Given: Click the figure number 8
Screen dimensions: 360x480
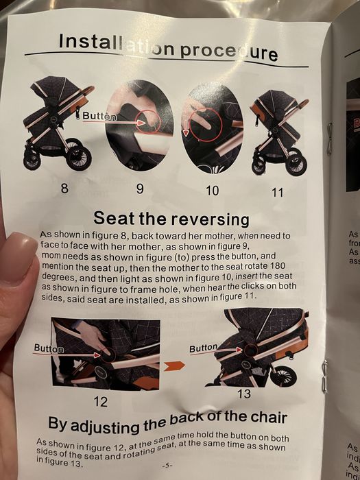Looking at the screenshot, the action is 64,188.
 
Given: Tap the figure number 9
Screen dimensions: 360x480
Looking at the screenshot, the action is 140,189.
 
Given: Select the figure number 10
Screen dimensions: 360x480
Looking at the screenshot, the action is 213,191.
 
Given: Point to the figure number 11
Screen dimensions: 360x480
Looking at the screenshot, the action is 277,193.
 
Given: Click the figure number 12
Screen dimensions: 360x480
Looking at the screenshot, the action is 101,401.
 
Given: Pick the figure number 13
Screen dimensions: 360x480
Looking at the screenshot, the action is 244,394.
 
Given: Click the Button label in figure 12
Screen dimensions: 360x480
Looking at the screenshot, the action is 49,348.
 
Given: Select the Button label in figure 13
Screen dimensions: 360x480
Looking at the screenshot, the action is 203,348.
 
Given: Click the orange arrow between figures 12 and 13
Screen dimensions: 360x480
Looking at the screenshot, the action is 174,365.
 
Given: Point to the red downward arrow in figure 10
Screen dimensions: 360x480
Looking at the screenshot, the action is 186,128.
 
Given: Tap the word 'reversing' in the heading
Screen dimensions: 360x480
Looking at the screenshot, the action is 210,220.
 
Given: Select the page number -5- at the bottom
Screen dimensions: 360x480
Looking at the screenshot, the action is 167,466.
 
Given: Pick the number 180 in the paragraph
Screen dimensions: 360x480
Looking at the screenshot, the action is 278,265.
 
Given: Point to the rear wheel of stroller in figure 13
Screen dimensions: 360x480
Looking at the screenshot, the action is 283,376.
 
